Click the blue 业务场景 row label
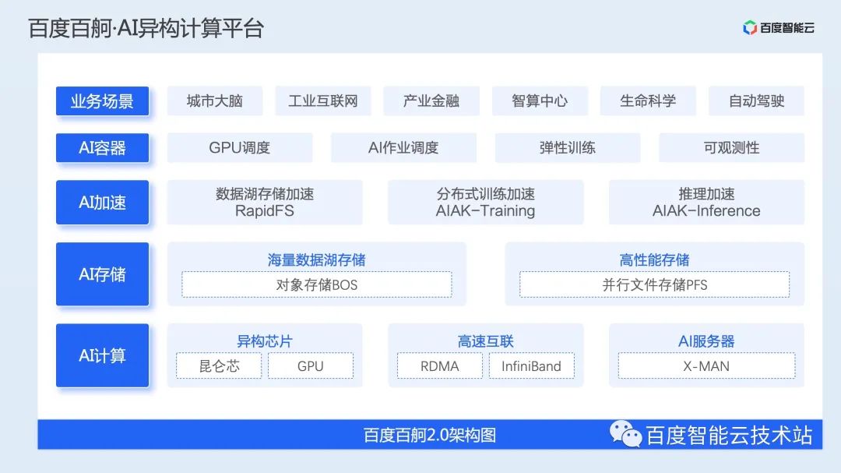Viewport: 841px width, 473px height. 103,101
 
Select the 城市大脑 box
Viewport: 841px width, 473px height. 215,101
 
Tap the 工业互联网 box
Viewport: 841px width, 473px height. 323,101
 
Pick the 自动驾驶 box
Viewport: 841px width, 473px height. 756,101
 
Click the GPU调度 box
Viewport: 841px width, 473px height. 240,147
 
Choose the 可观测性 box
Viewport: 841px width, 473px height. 731,147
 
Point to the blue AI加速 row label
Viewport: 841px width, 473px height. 103,203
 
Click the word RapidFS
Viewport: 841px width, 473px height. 265,211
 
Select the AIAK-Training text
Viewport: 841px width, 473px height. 485,211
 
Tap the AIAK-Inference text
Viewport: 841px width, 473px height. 706,211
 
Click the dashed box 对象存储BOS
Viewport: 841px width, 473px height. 317,284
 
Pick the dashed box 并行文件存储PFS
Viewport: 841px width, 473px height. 654,284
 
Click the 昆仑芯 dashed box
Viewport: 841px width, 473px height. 219,366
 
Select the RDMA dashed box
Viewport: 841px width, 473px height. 440,366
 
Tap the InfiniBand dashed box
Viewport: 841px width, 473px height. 532,366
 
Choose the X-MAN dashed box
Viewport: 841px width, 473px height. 706,366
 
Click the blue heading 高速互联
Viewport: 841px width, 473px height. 485,341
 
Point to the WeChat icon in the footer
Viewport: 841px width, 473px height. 625,433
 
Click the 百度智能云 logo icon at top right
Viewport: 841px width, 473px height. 749,27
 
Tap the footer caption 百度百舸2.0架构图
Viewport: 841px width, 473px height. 430,435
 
